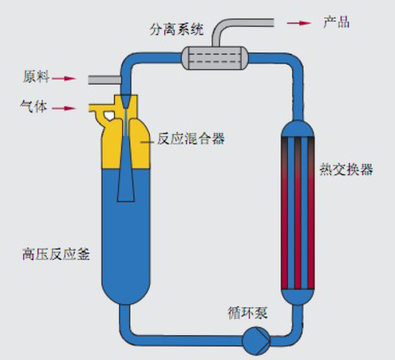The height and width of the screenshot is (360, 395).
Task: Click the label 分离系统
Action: (x=176, y=29)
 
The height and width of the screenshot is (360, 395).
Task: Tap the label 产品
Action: (x=336, y=22)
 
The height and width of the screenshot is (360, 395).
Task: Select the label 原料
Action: (x=36, y=76)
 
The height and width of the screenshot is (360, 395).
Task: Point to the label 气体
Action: (x=34, y=106)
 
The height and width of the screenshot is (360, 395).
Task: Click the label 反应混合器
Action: (x=191, y=139)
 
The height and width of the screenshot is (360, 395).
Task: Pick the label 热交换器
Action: (x=347, y=169)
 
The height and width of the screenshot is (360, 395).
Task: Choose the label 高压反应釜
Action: (x=56, y=254)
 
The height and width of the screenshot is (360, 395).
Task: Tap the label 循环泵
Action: (x=248, y=313)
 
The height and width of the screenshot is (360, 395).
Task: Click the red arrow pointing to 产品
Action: (x=299, y=23)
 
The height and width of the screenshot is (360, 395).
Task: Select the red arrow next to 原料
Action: (x=64, y=78)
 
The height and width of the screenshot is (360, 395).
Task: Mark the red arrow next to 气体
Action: (x=64, y=109)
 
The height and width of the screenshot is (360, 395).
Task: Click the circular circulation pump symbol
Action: (x=256, y=341)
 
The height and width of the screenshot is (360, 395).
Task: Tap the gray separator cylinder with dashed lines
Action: (x=215, y=58)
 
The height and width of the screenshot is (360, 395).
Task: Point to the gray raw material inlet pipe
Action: (x=105, y=80)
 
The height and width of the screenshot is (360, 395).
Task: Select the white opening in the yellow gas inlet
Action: (x=109, y=115)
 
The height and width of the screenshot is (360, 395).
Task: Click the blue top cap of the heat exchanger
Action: (x=298, y=129)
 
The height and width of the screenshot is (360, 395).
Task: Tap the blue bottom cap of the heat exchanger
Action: (x=298, y=297)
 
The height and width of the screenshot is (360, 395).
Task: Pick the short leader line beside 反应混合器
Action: (x=147, y=143)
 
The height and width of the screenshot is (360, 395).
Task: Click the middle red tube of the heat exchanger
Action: (x=298, y=213)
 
